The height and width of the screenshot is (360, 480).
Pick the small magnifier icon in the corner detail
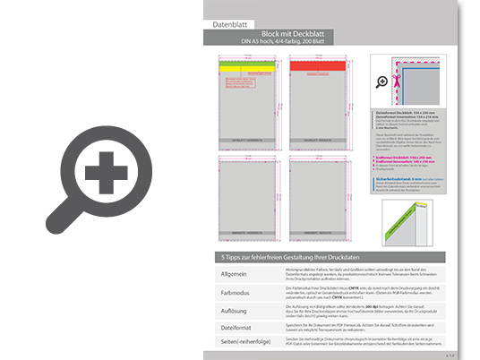[383, 81]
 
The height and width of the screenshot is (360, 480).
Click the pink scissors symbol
[400, 65]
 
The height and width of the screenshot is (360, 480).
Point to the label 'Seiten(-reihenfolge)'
[240, 343]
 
